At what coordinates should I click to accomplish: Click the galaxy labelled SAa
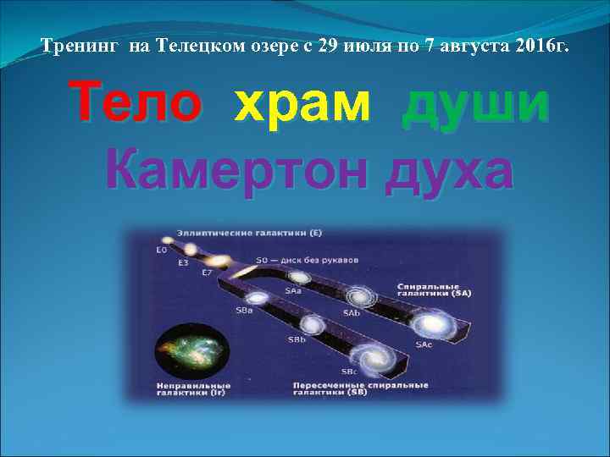(298, 278)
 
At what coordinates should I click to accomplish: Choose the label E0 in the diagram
(161, 251)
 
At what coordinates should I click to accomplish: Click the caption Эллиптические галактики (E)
(238, 231)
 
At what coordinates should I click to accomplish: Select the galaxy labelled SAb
(360, 297)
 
